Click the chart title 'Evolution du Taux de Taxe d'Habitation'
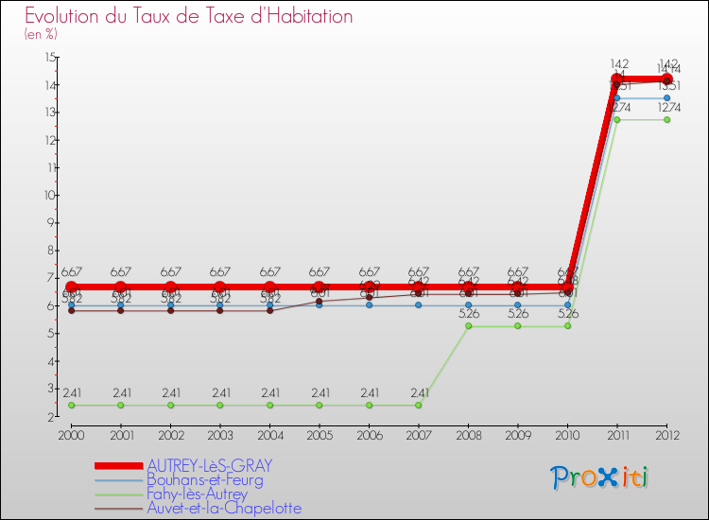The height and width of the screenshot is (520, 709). [189, 17]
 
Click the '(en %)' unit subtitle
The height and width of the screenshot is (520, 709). [41, 34]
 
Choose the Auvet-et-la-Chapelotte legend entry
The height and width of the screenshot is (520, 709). [224, 508]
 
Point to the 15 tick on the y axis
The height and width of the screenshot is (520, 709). [49, 58]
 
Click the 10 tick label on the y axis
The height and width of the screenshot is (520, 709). [49, 196]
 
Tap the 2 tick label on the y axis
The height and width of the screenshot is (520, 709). [51, 416]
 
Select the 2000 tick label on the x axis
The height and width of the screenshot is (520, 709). [71, 434]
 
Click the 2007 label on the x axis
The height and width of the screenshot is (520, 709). [419, 434]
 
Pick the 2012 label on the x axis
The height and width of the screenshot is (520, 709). [667, 434]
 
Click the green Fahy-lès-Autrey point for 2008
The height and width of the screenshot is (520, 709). [468, 326]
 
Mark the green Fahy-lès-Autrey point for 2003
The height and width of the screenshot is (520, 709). [220, 405]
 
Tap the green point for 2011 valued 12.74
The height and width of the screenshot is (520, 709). [617, 120]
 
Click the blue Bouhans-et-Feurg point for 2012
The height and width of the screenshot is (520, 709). [667, 98]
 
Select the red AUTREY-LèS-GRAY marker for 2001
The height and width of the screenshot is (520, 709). [121, 287]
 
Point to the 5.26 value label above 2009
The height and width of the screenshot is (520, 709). [518, 314]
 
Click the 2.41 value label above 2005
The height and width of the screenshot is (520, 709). [320, 392]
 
